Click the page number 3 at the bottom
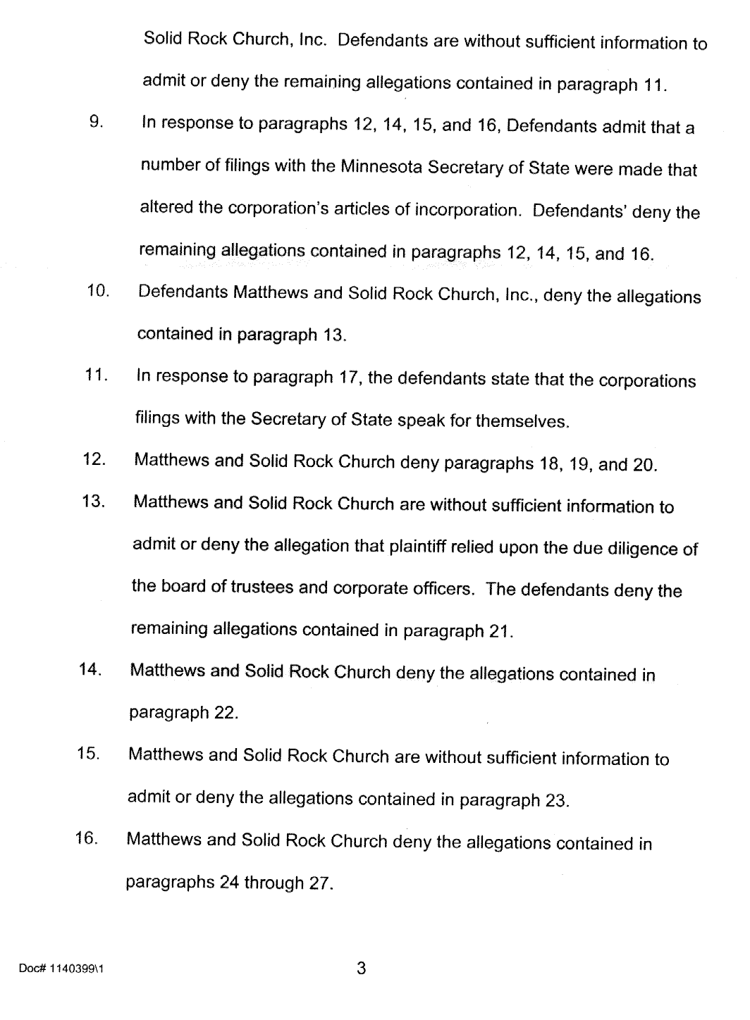361,969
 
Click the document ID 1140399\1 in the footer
62,969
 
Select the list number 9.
97,121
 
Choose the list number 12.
94,459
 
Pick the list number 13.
93,502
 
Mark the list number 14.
91,669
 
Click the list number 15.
89,754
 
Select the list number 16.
87,838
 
